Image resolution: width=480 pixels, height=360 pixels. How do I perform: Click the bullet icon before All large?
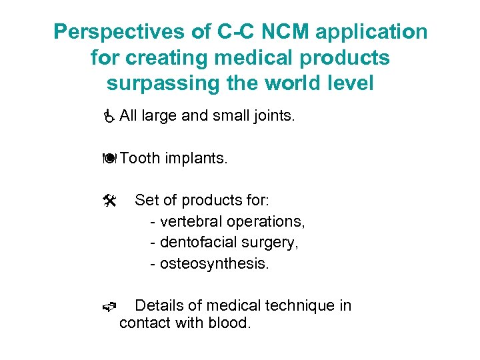coord(110,117)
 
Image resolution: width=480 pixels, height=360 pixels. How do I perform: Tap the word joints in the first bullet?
coord(273,116)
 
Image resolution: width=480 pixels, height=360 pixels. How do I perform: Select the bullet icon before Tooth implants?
coord(110,159)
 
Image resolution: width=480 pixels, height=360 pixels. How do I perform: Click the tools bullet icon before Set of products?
coord(110,200)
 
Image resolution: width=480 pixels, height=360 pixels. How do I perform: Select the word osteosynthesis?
coord(213,263)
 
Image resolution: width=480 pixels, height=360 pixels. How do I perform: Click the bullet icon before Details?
coord(110,307)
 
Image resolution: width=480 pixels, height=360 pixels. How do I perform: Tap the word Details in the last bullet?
coord(160,305)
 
